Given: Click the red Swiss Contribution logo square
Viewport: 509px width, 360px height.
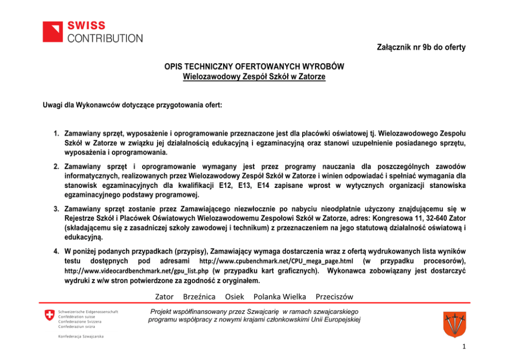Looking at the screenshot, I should (x=52, y=31).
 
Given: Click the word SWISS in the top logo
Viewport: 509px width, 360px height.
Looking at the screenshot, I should (x=86, y=26).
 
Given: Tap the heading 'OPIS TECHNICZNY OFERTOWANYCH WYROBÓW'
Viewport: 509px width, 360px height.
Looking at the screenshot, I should (x=254, y=67).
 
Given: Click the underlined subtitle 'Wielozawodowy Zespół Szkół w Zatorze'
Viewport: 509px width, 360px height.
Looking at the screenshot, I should (x=254, y=77).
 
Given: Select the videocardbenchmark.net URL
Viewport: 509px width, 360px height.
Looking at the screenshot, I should (x=135, y=271).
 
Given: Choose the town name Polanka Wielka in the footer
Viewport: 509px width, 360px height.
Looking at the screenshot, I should (x=280, y=297).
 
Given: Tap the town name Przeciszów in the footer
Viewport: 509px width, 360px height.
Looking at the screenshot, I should (x=334, y=297).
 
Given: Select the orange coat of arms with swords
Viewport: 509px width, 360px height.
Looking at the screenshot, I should (x=454, y=324).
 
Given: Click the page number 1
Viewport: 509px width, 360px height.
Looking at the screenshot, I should (x=463, y=347).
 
